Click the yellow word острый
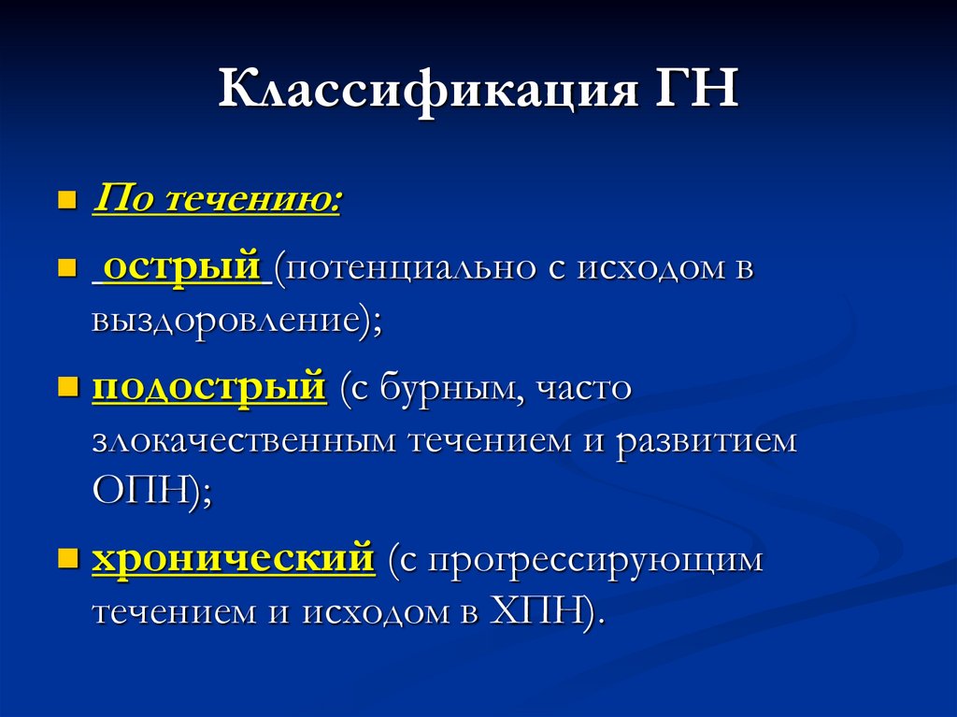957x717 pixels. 181,268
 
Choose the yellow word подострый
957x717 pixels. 209,387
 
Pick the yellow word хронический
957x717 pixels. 234,560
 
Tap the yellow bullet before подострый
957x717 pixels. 66,386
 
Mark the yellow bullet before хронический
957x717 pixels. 66,560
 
